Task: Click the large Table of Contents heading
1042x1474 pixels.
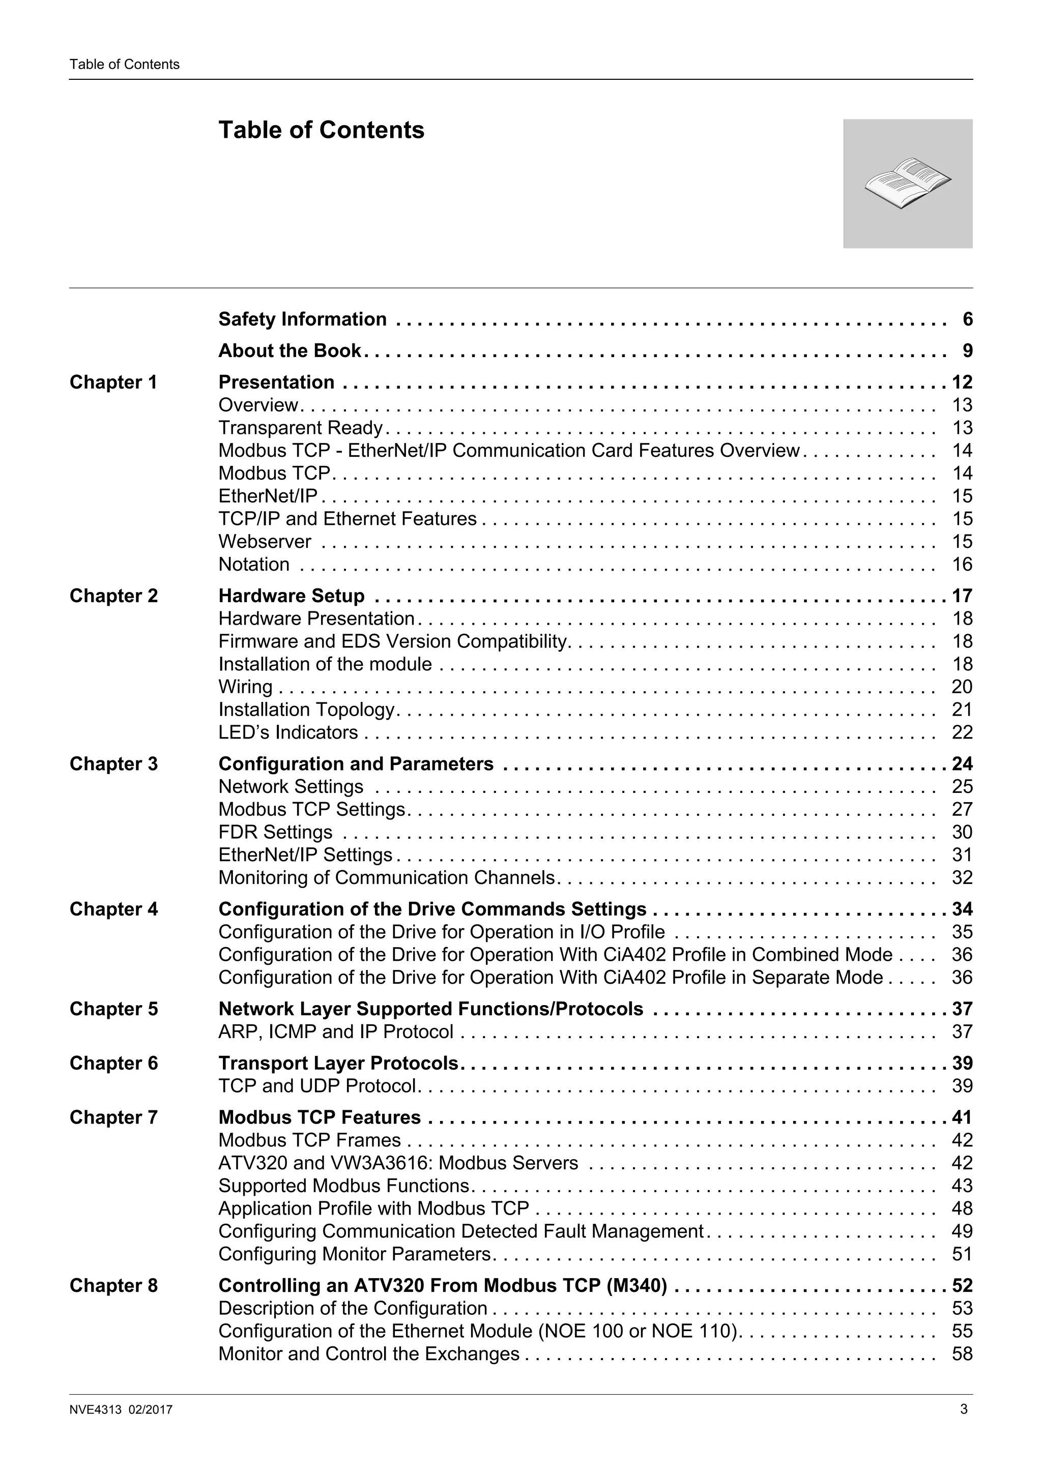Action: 321,130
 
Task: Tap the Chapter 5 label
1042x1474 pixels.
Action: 113,1009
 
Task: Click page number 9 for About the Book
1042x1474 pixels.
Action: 967,350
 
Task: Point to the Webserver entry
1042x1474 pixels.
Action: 265,541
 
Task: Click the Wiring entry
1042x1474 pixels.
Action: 245,687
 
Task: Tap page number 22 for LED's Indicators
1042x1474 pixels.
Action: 962,732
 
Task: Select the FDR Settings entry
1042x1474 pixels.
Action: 275,832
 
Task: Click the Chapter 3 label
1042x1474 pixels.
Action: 113,764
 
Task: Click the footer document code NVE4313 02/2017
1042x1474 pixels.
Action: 121,1410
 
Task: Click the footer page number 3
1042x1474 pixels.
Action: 963,1410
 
